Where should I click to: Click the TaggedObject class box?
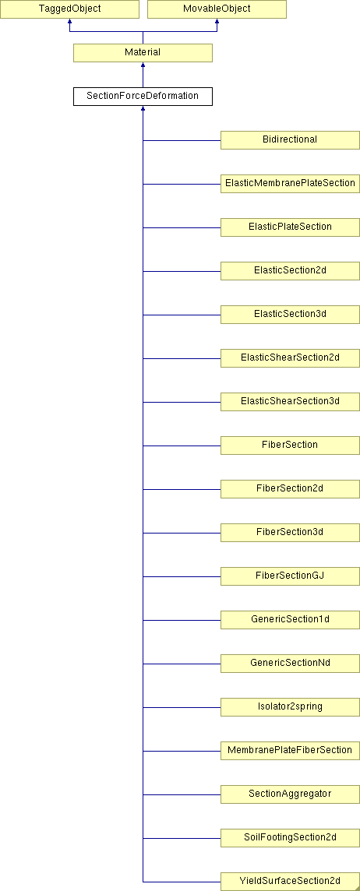click(x=69, y=9)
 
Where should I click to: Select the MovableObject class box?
click(x=217, y=9)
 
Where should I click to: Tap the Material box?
click(x=143, y=52)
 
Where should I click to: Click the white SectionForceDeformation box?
click(x=143, y=96)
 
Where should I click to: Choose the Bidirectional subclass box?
click(x=290, y=139)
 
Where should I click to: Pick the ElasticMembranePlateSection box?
click(x=290, y=184)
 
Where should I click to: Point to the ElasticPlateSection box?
click(x=290, y=227)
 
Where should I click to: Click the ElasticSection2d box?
click(x=290, y=271)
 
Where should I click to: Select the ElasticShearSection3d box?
click(x=290, y=402)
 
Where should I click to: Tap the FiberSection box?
click(x=290, y=445)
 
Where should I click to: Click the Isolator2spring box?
click(x=290, y=707)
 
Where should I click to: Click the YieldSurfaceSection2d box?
click(x=290, y=882)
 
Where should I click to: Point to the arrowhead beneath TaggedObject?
click(x=69, y=22)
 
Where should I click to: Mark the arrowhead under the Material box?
click(x=143, y=65)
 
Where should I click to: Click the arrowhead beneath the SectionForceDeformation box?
click(x=143, y=108)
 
